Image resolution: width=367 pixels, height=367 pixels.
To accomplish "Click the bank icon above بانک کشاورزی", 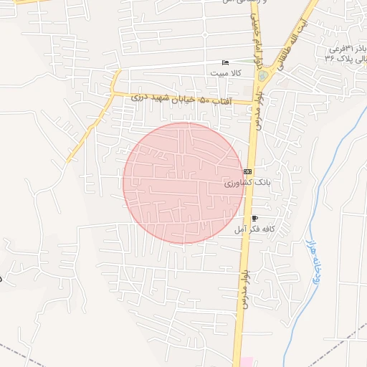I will click(248, 172).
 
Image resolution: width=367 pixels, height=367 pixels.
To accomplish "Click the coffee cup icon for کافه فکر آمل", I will click(254, 218).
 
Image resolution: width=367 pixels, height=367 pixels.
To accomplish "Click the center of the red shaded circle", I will click(183, 183).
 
